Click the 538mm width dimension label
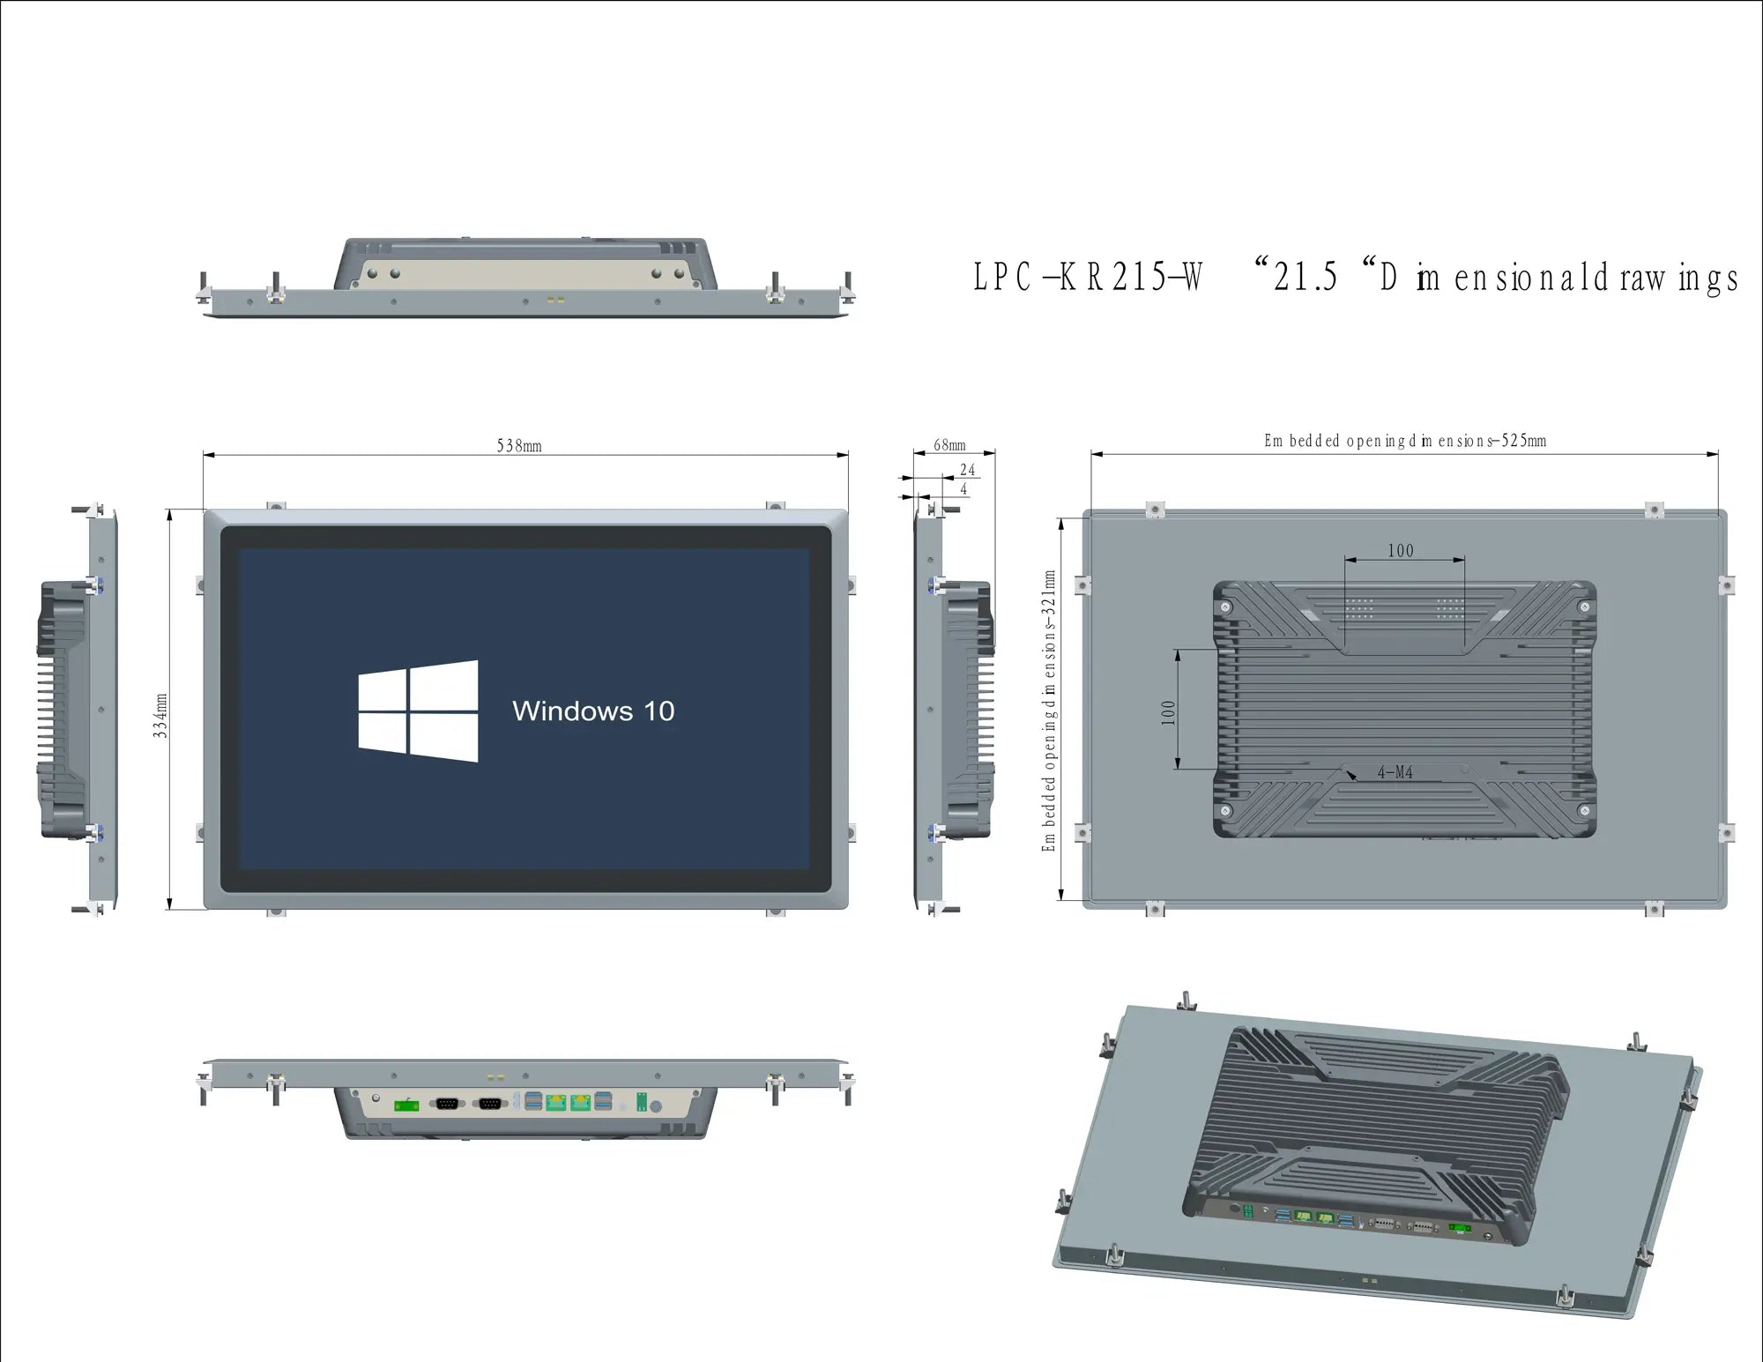519,445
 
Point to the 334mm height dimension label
160,715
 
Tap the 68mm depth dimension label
949,445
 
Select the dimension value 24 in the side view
967,470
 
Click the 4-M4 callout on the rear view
1395,772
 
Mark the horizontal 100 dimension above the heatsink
1401,551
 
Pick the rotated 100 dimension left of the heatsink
1169,712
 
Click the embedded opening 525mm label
1405,441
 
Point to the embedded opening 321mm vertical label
1049,711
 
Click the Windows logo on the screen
418,711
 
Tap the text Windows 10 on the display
593,711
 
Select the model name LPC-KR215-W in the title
1088,278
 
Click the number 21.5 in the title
1306,278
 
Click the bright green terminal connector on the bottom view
406,1105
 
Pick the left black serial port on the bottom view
448,1103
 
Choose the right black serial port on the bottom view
490,1103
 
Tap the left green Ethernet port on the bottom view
555,1102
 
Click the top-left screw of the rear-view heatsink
1225,607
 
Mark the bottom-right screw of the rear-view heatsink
1584,810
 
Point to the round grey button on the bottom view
656,1106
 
